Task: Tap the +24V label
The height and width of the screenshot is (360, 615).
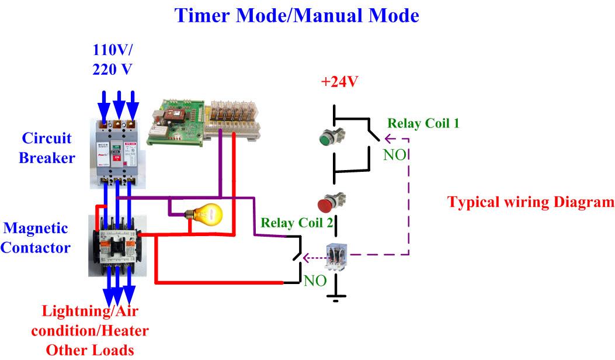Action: [339, 82]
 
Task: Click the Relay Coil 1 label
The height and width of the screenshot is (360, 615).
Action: [423, 123]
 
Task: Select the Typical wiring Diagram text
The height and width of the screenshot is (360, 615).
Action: [530, 202]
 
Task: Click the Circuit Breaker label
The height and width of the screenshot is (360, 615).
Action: [47, 148]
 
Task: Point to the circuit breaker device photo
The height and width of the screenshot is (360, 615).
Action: [118, 153]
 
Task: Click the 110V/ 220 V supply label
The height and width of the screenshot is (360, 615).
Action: [112, 59]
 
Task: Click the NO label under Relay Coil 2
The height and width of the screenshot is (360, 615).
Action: [315, 281]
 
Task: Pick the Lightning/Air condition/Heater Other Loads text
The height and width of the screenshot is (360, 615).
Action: [90, 330]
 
